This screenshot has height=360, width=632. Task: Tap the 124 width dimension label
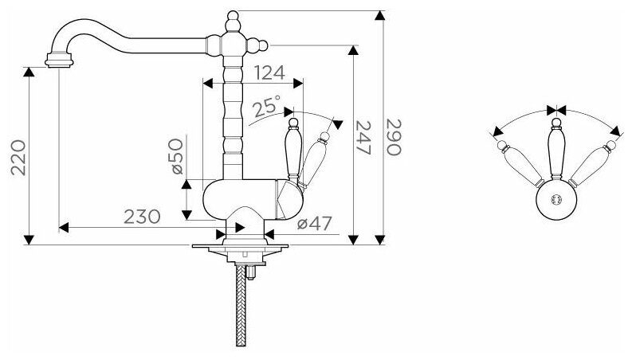click(270, 72)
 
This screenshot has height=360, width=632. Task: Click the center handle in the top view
click(555, 151)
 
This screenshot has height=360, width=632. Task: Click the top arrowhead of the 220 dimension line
click(29, 72)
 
